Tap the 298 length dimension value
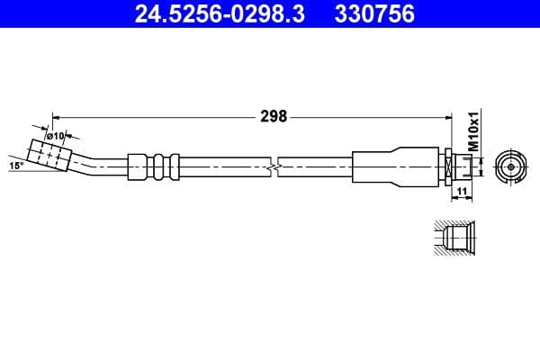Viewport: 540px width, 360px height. click(274, 116)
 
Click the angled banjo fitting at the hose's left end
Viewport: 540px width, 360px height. click(49, 154)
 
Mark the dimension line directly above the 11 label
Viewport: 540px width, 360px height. click(459, 184)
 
